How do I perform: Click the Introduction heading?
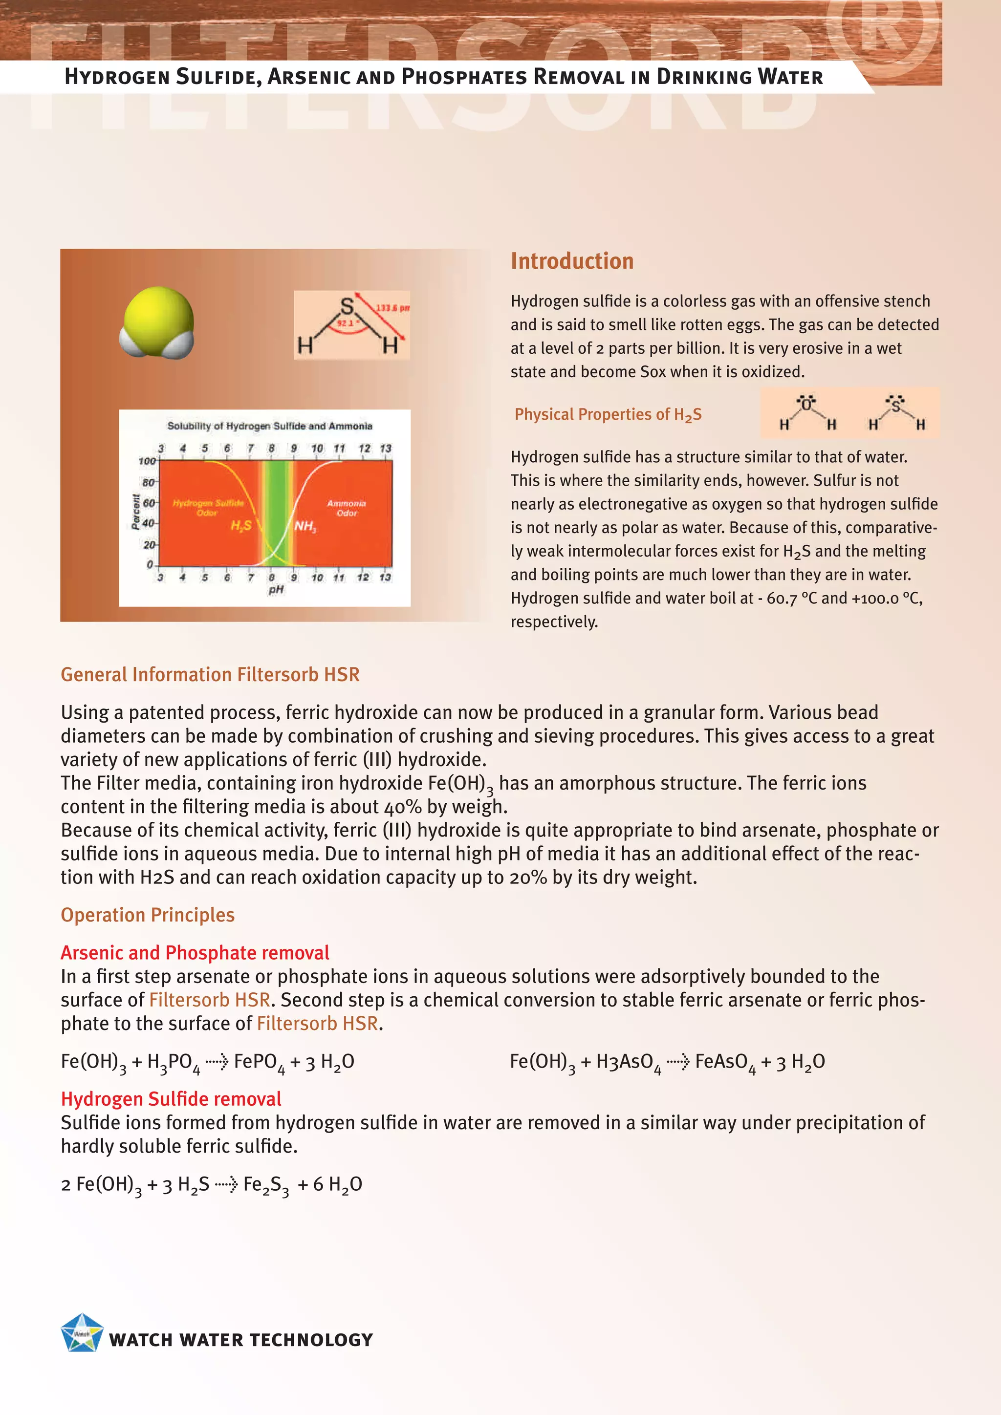pyautogui.click(x=571, y=261)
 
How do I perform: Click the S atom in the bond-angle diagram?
pyautogui.click(x=348, y=306)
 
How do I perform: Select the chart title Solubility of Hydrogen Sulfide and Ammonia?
pyautogui.click(x=270, y=426)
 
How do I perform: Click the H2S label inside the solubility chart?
pyautogui.click(x=240, y=526)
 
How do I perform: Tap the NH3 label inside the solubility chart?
pyautogui.click(x=305, y=526)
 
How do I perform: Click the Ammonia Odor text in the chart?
pyautogui.click(x=347, y=508)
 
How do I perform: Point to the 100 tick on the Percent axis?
pyautogui.click(x=147, y=461)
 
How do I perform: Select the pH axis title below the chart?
pyautogui.click(x=276, y=590)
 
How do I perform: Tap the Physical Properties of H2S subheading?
pyautogui.click(x=608, y=415)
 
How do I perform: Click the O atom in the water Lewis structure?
pyautogui.click(x=806, y=405)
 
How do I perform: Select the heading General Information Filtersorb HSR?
pyautogui.click(x=210, y=674)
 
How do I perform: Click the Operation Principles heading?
pyautogui.click(x=147, y=915)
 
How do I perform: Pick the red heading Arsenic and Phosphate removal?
pyautogui.click(x=195, y=953)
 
